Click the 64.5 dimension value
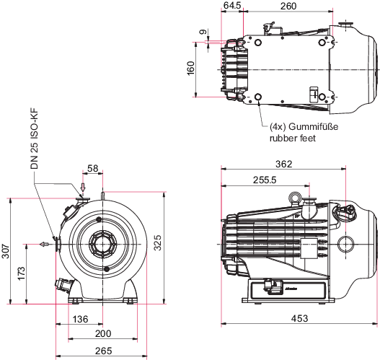click(232, 6)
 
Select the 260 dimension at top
click(288, 6)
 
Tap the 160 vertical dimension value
click(191, 68)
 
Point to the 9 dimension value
click(203, 32)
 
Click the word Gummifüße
click(314, 126)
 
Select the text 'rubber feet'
click(293, 139)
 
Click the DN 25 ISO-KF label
click(35, 139)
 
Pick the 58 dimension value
click(92, 168)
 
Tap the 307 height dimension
click(6, 251)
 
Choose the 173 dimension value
click(22, 273)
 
